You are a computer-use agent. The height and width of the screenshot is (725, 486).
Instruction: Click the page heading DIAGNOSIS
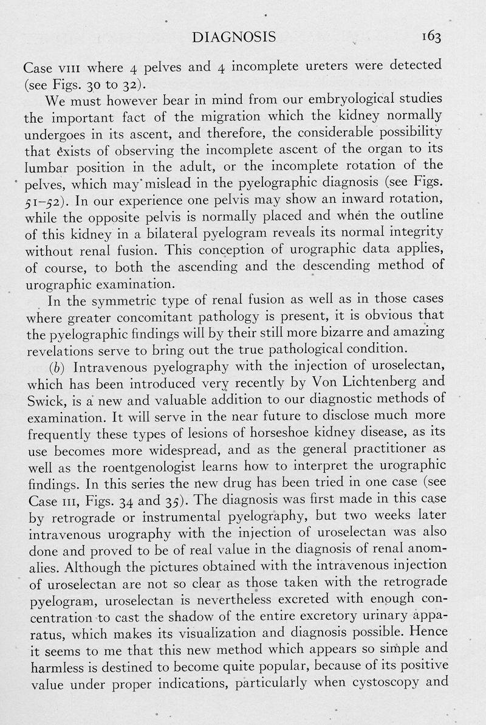233,38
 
